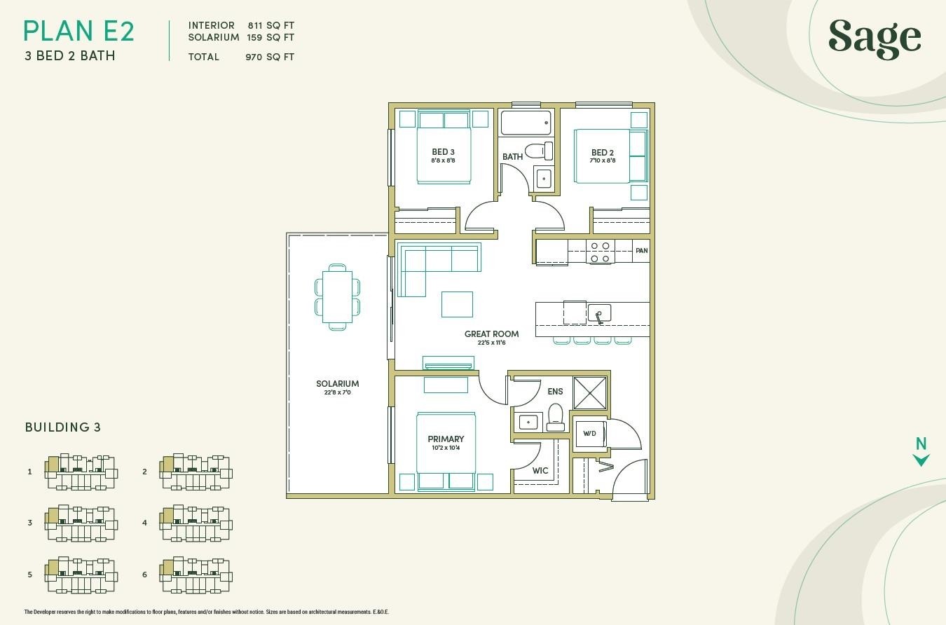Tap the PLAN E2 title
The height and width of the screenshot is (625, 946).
79,32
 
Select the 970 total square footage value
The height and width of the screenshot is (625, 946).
254,57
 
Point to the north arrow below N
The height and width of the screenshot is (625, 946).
921,460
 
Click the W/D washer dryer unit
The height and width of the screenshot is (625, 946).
590,434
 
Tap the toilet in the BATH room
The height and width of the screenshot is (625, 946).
538,151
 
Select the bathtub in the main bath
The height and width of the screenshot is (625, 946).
526,123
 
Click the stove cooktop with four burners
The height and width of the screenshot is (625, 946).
600,252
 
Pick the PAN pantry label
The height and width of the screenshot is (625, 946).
641,251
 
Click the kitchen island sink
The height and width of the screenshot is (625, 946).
599,313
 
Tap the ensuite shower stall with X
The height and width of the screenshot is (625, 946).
590,393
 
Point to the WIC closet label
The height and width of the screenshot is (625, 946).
540,470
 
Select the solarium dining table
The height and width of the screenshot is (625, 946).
338,297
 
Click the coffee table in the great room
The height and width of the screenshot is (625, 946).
457,304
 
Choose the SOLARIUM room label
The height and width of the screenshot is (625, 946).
338,383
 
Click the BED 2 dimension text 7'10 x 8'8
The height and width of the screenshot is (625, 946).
603,160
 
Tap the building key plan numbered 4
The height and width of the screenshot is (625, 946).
196,523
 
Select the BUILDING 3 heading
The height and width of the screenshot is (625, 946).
63,427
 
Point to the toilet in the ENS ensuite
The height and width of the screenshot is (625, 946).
556,418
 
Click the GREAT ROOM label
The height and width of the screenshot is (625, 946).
492,334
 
